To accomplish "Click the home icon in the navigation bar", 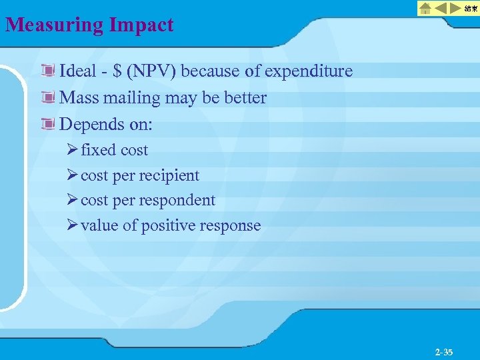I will [x=425, y=9].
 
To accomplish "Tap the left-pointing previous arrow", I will [x=441, y=9].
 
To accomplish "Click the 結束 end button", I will [x=469, y=9].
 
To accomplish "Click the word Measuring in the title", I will [x=53, y=25].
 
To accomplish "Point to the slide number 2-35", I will [x=443, y=351].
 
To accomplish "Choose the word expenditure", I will [x=309, y=71].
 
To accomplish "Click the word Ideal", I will [x=78, y=71].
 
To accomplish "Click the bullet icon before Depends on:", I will [x=47, y=124].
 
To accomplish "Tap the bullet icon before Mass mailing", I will [x=47, y=98].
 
